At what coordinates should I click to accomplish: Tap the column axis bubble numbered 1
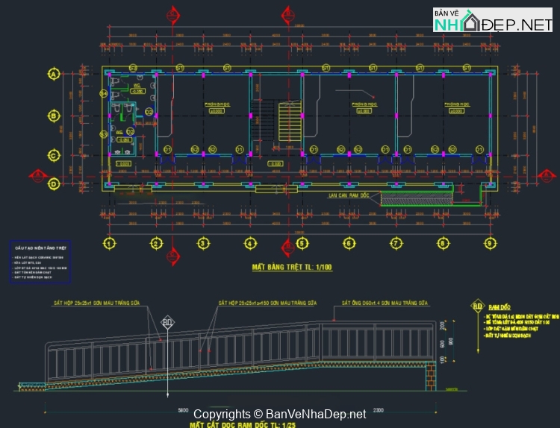point(109,243)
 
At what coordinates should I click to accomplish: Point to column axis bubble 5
point(302,243)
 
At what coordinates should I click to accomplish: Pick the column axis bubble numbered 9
point(488,243)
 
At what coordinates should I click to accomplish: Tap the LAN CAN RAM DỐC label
point(349,195)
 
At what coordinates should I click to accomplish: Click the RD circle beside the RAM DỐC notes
point(477,306)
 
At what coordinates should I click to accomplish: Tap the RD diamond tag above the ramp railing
point(168,322)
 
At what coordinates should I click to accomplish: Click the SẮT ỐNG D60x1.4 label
point(384,303)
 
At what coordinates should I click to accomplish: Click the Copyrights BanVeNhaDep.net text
point(280,414)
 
